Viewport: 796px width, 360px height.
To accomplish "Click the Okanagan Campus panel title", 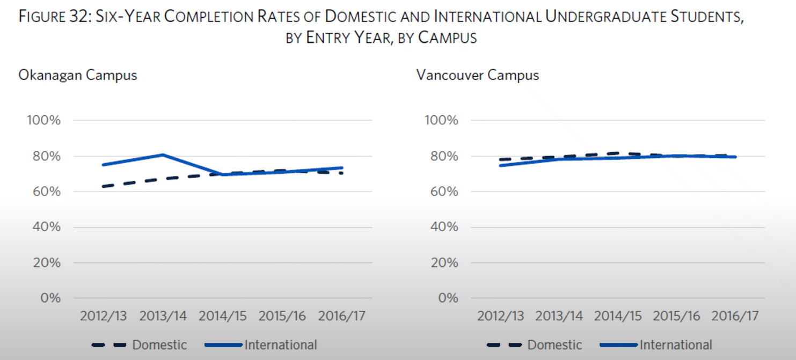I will point(78,75).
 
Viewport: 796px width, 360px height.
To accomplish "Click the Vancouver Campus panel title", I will point(477,75).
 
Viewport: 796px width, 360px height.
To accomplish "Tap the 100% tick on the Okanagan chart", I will point(44,120).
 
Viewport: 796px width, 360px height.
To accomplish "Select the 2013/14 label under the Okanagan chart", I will point(163,316).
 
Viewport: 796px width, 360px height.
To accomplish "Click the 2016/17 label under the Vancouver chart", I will point(735,316).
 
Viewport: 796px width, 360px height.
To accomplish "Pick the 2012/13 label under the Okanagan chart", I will point(103,316).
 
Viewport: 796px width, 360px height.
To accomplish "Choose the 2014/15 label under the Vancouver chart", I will point(617,316).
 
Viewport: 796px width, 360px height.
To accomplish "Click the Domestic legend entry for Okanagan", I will point(159,345).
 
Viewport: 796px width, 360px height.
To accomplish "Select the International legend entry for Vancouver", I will point(675,345).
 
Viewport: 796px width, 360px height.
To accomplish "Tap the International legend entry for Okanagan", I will point(280,345).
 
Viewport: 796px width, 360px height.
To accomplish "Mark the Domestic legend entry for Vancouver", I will point(554,345).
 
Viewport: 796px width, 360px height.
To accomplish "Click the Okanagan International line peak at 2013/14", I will point(163,155).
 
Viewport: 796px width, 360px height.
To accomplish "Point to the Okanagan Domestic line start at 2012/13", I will point(103,186).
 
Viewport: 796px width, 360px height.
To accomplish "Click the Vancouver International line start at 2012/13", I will point(500,165).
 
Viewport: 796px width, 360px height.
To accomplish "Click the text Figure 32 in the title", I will point(54,17).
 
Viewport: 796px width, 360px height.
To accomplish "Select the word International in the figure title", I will point(486,17).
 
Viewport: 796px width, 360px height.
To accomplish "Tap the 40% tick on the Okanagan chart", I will point(44,227).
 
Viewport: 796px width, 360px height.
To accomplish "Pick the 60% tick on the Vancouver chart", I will point(441,192).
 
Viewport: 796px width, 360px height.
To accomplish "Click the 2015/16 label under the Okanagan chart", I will point(282,316).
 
